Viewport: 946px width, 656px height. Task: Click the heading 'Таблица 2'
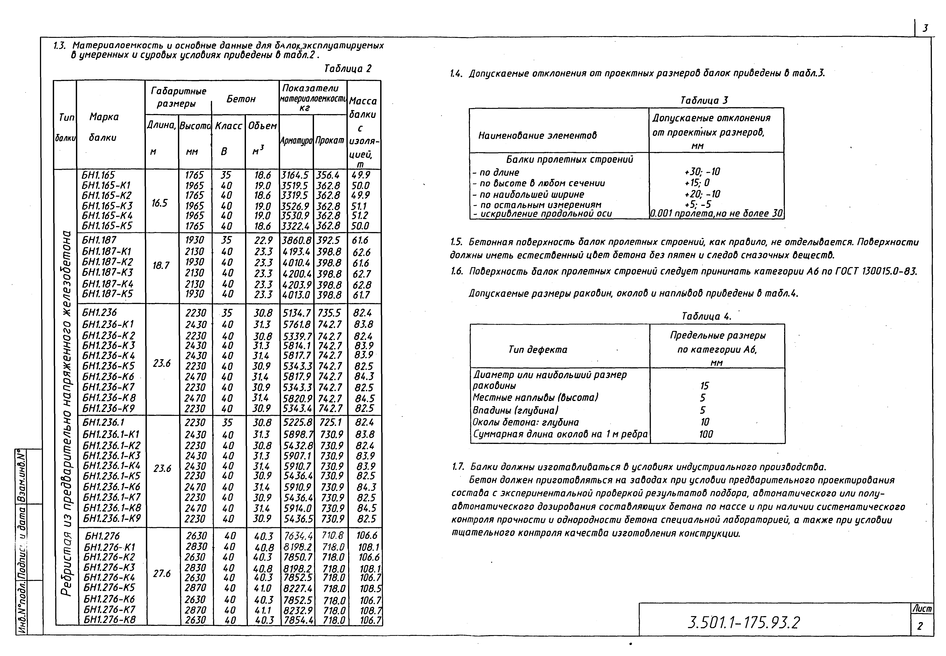point(348,69)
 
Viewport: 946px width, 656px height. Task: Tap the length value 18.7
point(161,266)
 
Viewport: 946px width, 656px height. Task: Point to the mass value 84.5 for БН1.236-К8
point(365,398)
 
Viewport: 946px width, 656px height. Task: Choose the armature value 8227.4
point(297,588)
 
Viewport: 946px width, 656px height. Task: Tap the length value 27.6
point(162,573)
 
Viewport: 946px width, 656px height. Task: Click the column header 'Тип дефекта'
point(538,350)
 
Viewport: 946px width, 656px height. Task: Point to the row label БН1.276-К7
point(109,609)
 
